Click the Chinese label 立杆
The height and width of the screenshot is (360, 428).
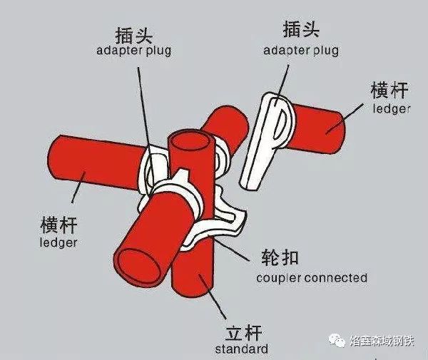pyautogui.click(x=241, y=332)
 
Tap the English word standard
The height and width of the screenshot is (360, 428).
pyautogui.click(x=241, y=349)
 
